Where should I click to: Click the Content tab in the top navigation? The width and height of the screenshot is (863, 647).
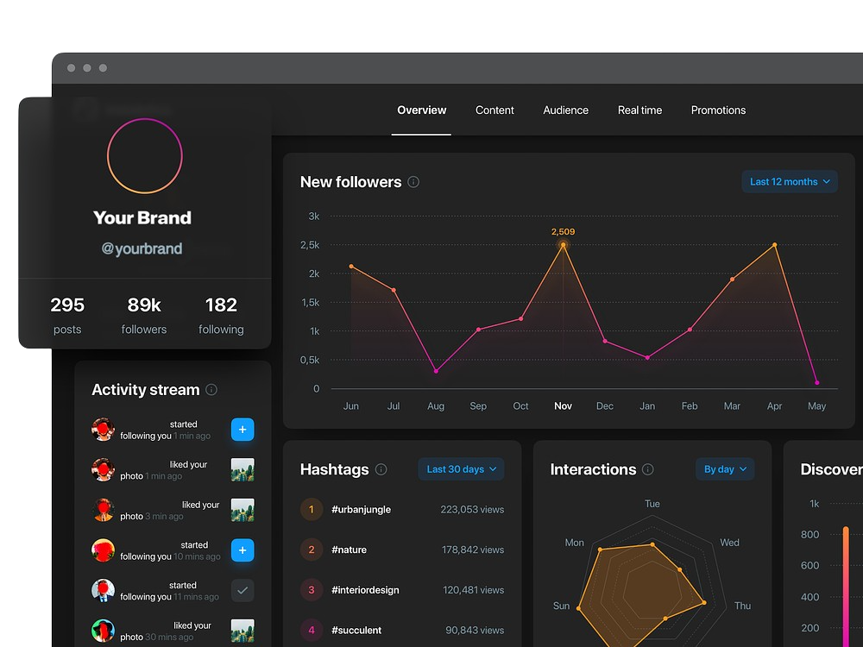click(x=494, y=110)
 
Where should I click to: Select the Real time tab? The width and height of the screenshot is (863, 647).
click(x=639, y=110)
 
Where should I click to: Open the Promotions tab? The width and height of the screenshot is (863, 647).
click(x=718, y=110)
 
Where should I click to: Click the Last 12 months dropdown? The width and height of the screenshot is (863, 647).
click(x=790, y=182)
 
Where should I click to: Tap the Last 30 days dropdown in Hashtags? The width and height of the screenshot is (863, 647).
click(x=462, y=469)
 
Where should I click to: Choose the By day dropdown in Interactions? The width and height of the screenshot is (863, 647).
click(x=725, y=469)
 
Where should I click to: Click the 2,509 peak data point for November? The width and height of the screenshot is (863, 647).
click(x=564, y=245)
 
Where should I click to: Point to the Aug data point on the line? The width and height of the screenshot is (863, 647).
click(x=436, y=371)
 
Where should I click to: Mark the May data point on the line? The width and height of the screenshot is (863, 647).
click(x=816, y=382)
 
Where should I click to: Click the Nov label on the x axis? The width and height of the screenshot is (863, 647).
click(x=563, y=406)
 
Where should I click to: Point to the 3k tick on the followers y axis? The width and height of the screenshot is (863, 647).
click(x=313, y=217)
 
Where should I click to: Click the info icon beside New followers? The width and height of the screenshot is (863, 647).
click(x=413, y=182)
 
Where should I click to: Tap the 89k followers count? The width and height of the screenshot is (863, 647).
click(x=144, y=305)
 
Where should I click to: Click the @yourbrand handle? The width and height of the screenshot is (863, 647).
click(x=142, y=249)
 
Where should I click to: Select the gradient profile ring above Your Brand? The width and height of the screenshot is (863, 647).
click(x=145, y=156)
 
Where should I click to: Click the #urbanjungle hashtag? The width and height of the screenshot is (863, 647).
click(x=361, y=510)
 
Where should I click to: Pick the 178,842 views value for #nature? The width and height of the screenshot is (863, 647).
click(x=473, y=550)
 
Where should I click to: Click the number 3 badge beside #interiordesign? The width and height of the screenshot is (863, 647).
click(x=312, y=590)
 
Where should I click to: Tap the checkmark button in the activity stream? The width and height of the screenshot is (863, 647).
click(x=243, y=591)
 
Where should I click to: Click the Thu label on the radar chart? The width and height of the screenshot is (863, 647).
click(x=742, y=606)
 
